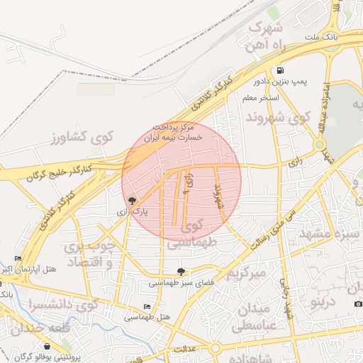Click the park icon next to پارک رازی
coord(131,200)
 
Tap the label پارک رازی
coord(131,211)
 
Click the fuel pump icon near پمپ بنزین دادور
coord(281,71)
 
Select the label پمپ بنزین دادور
coord(283,82)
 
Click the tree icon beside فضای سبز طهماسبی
coord(181,272)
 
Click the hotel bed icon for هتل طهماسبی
coord(147,306)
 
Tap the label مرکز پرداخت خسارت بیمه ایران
coord(174,133)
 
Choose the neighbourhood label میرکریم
coord(245,274)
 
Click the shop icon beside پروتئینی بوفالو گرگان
coord(48,347)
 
